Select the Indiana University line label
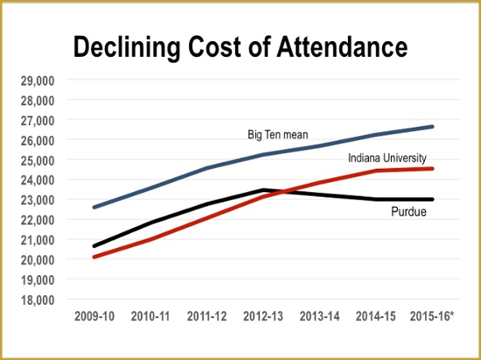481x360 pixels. point(387,158)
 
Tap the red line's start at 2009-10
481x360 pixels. point(94,257)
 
